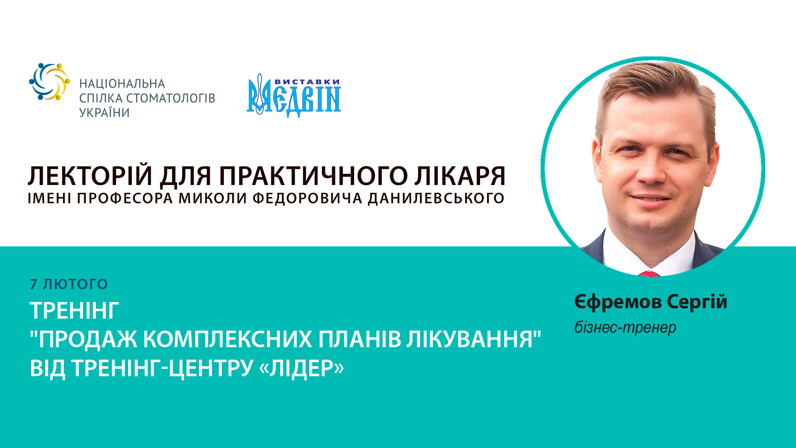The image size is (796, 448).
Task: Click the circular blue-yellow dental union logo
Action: tap(49, 82)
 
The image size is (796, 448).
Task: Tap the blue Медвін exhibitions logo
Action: tap(294, 95)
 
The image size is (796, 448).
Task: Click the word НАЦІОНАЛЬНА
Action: tap(122, 84)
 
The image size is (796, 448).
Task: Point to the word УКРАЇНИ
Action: tap(104, 113)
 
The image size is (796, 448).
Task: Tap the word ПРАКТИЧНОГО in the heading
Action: tap(313, 176)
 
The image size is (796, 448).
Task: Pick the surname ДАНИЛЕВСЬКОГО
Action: tap(436, 198)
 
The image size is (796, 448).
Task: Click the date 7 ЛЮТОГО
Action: tap(69, 284)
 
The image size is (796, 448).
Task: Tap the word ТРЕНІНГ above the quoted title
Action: tap(75, 311)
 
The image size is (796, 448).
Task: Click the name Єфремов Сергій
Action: tap(650, 302)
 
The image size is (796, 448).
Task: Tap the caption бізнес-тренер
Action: tap(625, 328)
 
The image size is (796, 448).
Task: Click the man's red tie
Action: tap(649, 274)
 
